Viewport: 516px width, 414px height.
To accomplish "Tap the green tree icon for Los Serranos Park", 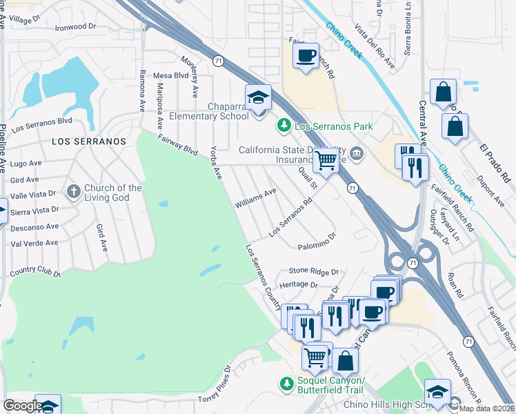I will pos(283,126).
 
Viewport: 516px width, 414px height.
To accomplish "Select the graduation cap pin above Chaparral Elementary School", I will pos(258,97).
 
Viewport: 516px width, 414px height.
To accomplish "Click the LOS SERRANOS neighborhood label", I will pos(89,141).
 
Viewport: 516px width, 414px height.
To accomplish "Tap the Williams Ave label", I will pos(255,198).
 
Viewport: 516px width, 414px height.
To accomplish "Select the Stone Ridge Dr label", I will pos(314,271).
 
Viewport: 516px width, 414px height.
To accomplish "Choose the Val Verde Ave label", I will pos(34,243).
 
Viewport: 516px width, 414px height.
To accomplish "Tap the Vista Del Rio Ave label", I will pos(375,46).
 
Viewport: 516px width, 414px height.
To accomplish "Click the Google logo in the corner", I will pos(22,406).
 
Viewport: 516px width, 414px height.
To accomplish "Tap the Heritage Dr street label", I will pos(298,285).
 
